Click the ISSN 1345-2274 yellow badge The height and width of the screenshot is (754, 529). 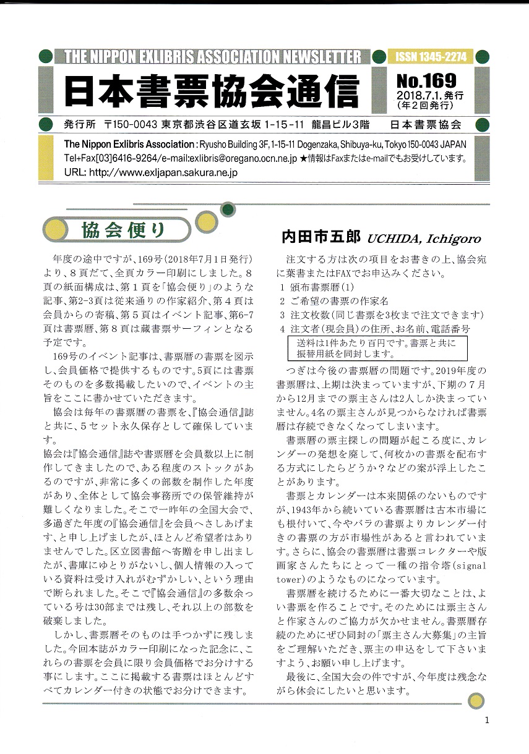tap(429, 57)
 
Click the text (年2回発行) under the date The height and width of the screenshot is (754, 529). tap(429, 106)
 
